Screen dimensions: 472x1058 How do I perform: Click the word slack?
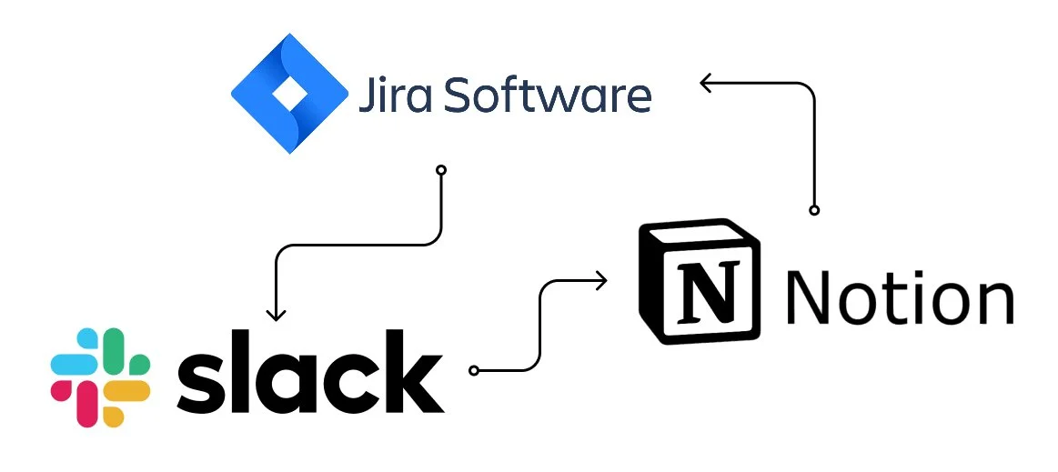click(310, 373)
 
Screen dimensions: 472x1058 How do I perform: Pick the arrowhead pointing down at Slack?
click(276, 314)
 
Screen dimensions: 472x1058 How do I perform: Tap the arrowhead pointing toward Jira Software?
click(706, 84)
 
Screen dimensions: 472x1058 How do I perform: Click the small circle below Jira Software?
click(441, 170)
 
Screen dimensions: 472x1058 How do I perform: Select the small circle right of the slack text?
click(472, 370)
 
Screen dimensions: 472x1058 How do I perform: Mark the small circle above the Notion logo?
click(814, 210)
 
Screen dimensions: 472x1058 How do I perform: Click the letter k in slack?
click(413, 368)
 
